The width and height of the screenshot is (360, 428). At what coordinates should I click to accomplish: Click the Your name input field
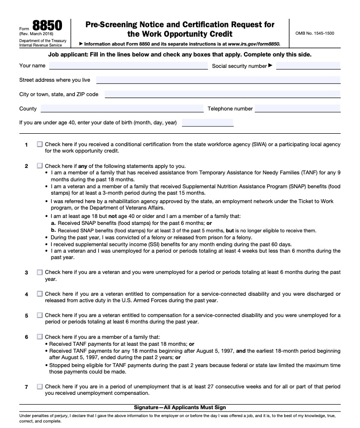coord(128,66)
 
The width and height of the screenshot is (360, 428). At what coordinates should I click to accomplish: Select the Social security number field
coord(308,66)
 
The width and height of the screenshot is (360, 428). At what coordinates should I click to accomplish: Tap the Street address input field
coord(218,80)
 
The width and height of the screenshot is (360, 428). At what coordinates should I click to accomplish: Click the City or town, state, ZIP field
coord(222,95)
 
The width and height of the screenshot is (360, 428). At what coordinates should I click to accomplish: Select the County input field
coord(122,109)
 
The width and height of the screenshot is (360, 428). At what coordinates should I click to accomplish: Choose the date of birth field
coord(207,123)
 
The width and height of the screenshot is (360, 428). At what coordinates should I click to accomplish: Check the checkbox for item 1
coord(40,145)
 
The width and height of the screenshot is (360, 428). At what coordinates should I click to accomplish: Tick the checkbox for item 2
coord(40,166)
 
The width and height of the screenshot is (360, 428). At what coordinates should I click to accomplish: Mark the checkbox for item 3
coord(40,272)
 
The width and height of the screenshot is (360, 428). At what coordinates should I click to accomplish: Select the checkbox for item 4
coord(40,294)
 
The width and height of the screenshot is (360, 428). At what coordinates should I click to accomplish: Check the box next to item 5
coord(40,315)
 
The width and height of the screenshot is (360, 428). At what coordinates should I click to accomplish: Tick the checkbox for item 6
coord(40,337)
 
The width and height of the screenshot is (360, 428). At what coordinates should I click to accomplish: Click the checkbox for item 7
coord(40,386)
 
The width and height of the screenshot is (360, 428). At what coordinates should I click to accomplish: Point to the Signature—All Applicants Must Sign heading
coord(180,407)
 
